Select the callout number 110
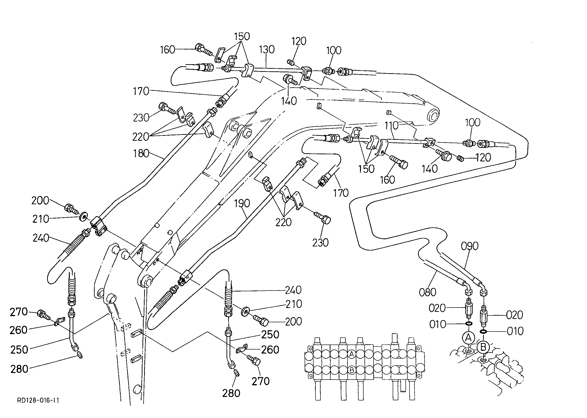391,126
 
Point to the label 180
141,153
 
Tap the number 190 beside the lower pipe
242,204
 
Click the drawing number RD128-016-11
38,400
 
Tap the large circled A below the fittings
468,337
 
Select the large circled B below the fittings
483,347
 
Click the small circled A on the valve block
351,354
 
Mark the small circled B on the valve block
351,370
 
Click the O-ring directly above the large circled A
468,323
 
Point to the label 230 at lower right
320,243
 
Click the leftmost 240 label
41,238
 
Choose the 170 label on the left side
141,91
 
